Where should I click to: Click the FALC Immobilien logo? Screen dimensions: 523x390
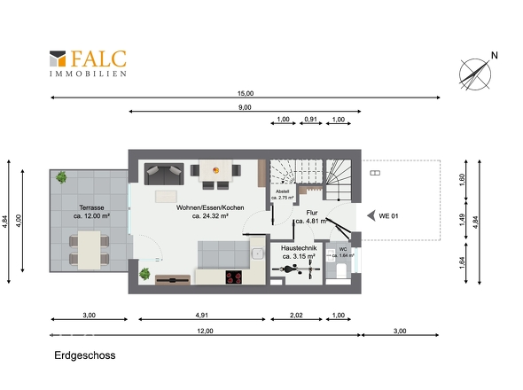(88, 64)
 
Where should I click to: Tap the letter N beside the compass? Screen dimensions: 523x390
(495, 55)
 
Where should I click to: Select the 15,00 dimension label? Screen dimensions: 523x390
(246, 93)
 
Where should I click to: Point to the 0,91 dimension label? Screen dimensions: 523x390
(310, 119)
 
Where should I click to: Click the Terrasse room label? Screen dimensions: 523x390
(91, 207)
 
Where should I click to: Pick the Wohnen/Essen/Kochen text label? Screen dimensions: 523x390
(210, 207)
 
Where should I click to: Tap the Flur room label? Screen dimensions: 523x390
(312, 213)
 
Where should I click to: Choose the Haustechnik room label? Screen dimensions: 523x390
(299, 248)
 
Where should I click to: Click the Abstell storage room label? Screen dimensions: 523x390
(282, 191)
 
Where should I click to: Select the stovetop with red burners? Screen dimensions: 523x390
(234, 277)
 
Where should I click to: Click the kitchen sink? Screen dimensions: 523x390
(257, 253)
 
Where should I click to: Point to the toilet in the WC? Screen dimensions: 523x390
(341, 269)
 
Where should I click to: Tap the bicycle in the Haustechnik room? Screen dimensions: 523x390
(296, 269)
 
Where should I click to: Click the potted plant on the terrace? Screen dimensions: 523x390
(61, 177)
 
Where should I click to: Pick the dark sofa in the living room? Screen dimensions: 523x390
(164, 174)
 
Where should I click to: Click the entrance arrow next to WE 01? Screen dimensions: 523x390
(371, 216)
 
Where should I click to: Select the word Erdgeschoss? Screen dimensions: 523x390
(85, 355)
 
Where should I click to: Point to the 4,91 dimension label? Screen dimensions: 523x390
(202, 315)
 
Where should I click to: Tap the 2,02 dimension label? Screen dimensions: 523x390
(296, 315)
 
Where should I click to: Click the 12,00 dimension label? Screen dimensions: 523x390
(205, 331)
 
